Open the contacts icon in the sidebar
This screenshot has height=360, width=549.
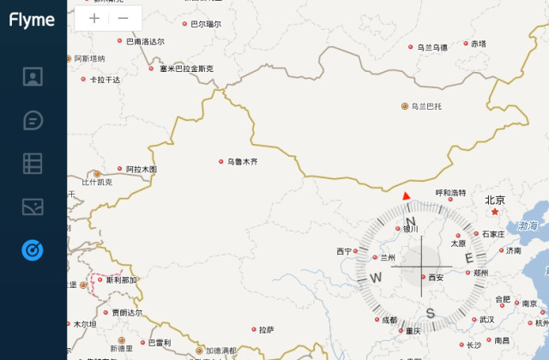[33, 76]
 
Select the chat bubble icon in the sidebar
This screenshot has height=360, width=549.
[33, 119]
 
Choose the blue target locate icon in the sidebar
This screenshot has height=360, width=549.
[33, 249]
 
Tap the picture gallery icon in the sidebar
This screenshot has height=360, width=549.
[33, 207]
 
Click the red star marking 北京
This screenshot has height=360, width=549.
[495, 211]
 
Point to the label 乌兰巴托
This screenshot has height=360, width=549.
[425, 106]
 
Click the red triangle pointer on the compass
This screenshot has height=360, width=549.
[407, 196]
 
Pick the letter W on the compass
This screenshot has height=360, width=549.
[376, 277]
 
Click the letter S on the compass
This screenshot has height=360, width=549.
[431, 312]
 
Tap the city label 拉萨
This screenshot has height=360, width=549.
[267, 330]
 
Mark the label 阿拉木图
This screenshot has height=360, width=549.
[141, 170]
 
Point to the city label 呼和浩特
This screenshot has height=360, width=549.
[450, 193]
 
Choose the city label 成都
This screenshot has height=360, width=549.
[389, 320]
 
